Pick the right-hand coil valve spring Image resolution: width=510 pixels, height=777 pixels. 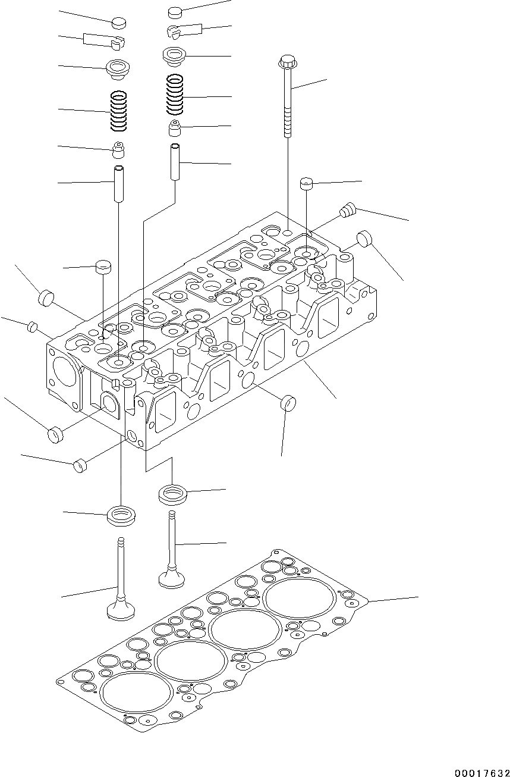[x=175, y=94]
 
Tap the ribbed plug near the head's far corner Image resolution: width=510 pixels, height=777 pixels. [x=347, y=209]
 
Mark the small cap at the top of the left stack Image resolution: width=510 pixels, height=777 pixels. [x=119, y=23]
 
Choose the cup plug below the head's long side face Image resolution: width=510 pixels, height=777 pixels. [x=288, y=403]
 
